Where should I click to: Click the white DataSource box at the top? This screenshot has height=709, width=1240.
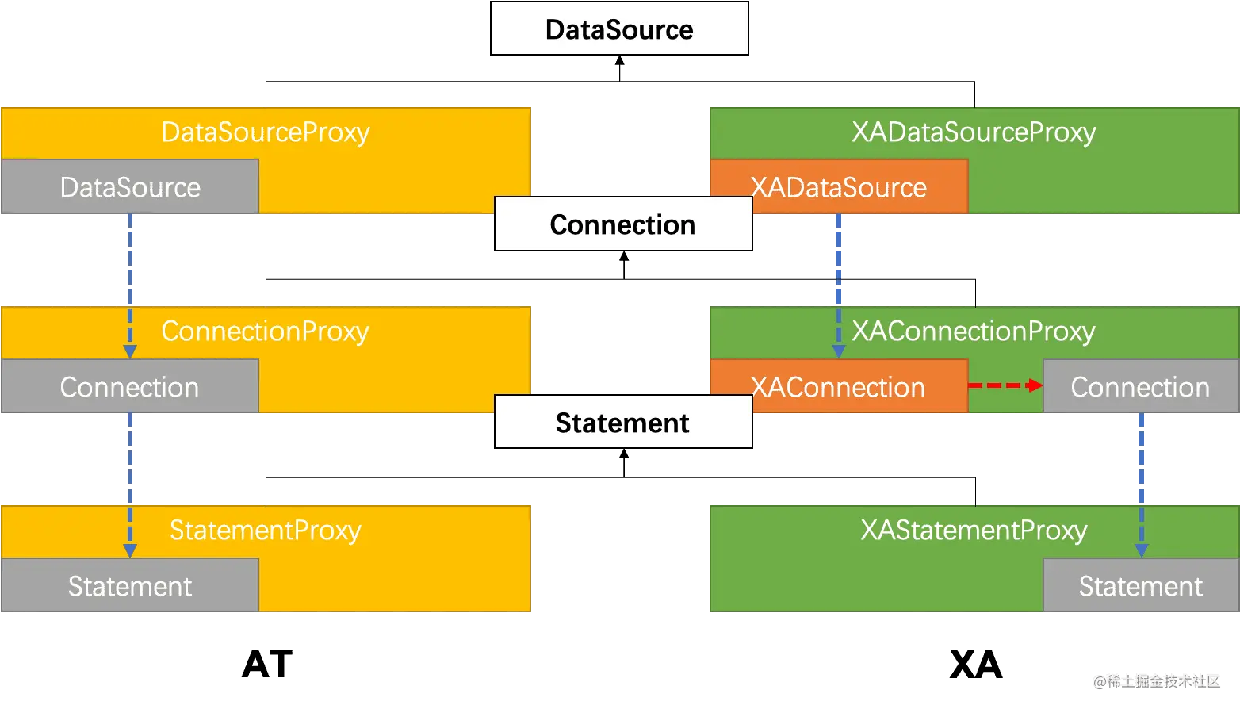619,29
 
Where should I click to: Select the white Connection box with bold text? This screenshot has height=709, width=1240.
623,224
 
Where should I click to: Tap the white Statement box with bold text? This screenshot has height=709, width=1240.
623,423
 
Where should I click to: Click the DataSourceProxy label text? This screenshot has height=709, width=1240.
266,132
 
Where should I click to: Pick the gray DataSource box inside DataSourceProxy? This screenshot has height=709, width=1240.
130,187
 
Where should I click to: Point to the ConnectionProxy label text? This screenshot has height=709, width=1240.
266,331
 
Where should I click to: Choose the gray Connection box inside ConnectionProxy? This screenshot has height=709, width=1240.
130,387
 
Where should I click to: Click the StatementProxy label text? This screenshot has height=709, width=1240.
266,530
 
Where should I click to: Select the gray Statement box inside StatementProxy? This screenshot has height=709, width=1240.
130,586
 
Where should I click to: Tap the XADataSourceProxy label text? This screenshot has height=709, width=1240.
974,132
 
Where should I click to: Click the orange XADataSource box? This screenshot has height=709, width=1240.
839,187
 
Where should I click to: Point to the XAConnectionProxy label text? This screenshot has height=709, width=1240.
974,331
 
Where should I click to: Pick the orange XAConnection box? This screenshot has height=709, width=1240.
839,387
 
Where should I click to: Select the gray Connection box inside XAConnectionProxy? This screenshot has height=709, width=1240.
1140,387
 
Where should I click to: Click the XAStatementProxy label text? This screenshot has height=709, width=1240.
974,530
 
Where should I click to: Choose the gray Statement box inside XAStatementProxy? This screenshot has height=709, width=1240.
1140,586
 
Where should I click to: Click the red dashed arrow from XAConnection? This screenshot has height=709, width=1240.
1005,385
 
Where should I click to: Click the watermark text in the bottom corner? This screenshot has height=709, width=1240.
1155,680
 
